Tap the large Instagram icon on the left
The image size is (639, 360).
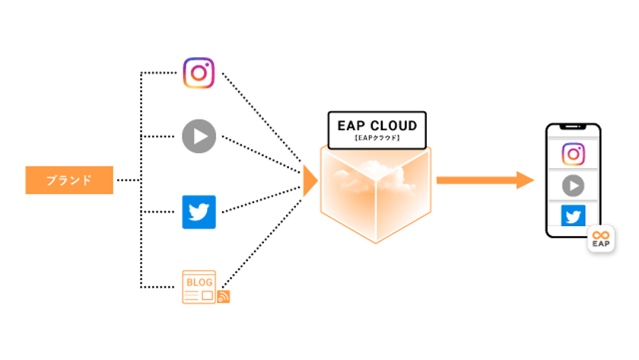199,73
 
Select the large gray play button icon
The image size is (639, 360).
199,137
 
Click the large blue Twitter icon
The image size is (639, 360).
199,212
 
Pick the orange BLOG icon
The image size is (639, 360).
199,287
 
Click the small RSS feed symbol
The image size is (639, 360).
224,297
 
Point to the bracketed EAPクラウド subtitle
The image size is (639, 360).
377,139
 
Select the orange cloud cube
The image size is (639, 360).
376,194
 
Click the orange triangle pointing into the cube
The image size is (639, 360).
309,180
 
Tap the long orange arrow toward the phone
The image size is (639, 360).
485,180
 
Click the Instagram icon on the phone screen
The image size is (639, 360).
573,154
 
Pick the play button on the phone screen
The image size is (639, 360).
573,185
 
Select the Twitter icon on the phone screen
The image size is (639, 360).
573,216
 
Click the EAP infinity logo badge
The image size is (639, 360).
601,239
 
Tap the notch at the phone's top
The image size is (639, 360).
573,129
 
